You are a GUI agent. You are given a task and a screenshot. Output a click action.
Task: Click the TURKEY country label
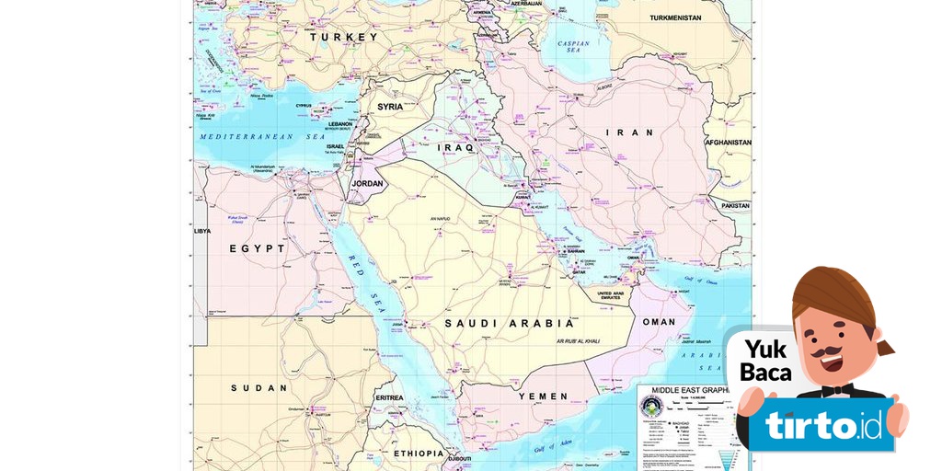(x=343, y=37)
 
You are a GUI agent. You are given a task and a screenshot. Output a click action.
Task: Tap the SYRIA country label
(x=390, y=107)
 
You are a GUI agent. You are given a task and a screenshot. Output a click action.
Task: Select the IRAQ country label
(x=455, y=147)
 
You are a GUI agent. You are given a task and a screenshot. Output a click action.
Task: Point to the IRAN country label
(x=630, y=132)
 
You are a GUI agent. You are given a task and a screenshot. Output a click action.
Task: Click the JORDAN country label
(x=368, y=183)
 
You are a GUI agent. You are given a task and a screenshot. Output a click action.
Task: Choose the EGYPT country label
(x=257, y=248)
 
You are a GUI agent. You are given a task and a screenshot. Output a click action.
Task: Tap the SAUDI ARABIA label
(x=509, y=324)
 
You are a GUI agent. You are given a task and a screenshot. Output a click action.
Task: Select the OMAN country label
(x=658, y=322)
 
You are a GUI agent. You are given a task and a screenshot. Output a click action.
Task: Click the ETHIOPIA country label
(x=419, y=454)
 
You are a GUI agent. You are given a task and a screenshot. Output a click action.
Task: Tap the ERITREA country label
(x=389, y=397)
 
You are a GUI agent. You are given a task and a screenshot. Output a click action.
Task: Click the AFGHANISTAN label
(x=728, y=143)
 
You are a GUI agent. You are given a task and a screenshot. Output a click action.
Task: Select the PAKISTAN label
(x=736, y=206)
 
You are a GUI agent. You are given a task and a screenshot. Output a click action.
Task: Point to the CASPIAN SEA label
(x=573, y=48)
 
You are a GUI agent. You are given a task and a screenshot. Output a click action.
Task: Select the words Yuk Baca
(x=765, y=361)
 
